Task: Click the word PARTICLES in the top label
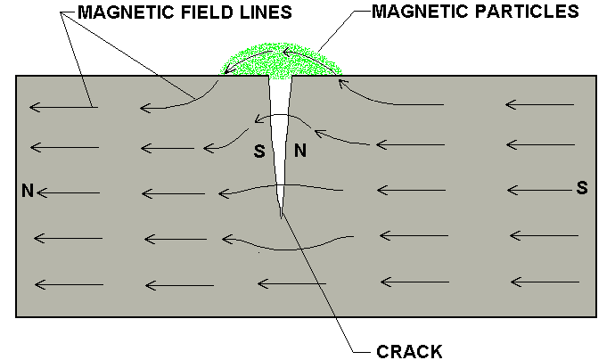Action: pyautogui.click(x=533, y=12)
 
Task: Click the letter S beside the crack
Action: pyautogui.click(x=259, y=151)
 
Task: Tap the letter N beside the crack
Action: pyautogui.click(x=300, y=151)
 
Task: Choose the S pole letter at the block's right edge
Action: pyautogui.click(x=582, y=188)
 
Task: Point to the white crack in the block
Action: pyautogui.click(x=283, y=134)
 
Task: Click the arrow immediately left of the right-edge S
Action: pyautogui.click(x=538, y=189)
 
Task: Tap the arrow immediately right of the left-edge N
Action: pyautogui.click(x=68, y=192)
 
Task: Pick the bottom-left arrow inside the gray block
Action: pyautogui.click(x=68, y=284)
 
